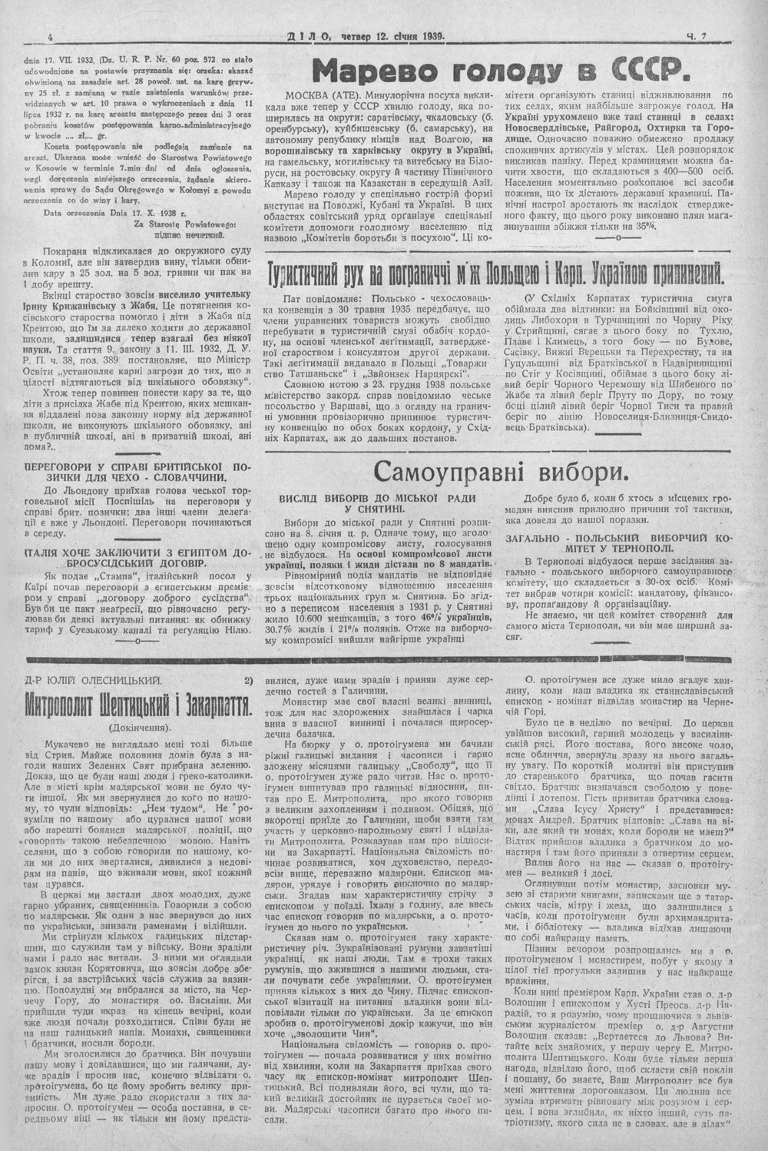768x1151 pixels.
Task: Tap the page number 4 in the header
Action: pyautogui.click(x=50, y=35)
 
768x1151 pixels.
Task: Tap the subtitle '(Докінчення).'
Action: pyautogui.click(x=138, y=726)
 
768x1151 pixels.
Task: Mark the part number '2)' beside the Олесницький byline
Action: pyautogui.click(x=247, y=679)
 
